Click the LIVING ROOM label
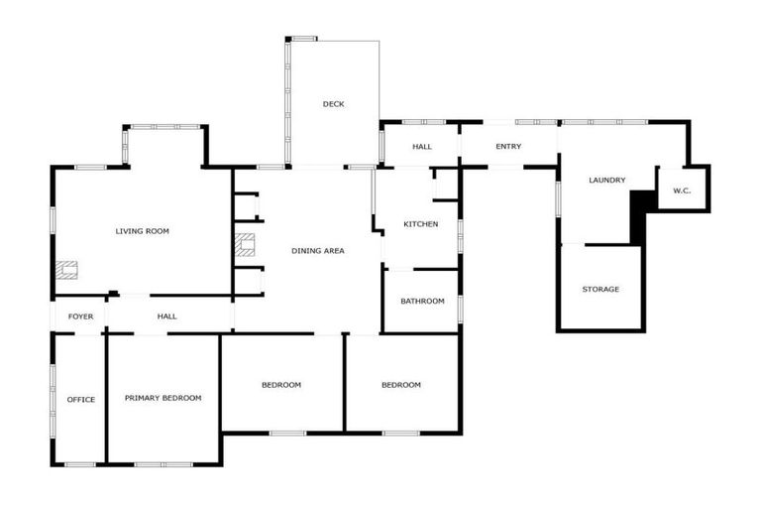[142, 231]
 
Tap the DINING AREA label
[318, 251]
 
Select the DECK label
[333, 104]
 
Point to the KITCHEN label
[420, 224]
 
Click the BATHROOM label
[422, 301]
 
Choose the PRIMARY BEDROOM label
[163, 398]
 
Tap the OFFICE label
[80, 400]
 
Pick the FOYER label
[80, 317]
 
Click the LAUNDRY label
[606, 180]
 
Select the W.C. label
[682, 190]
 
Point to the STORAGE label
[600, 290]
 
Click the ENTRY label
[508, 147]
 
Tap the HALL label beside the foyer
[166, 317]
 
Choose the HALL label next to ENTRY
[422, 147]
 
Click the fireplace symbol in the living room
[66, 268]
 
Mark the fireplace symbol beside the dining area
[245, 244]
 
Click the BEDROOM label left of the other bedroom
[281, 385]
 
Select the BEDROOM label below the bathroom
[400, 385]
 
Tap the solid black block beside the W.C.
[639, 215]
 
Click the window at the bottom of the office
[80, 464]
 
